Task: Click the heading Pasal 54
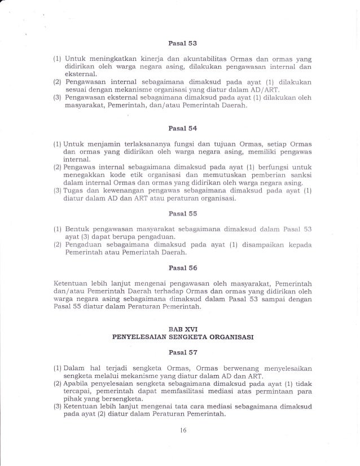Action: (x=180, y=131)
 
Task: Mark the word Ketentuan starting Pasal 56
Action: (x=63, y=283)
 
